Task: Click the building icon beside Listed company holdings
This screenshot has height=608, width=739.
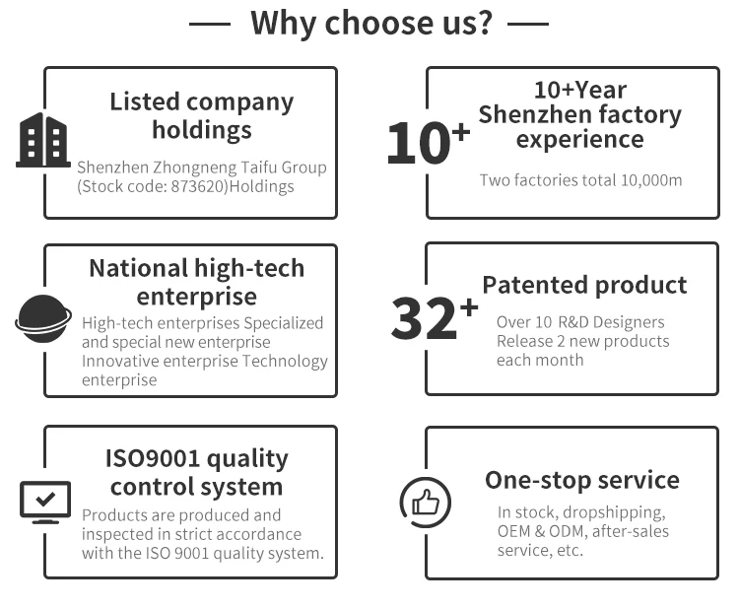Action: [x=43, y=140]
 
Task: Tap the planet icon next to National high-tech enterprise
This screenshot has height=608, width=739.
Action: [x=43, y=318]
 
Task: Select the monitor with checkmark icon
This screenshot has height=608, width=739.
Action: [x=45, y=501]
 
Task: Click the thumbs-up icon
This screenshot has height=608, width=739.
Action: [x=426, y=503]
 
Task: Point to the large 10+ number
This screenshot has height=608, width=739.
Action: [x=427, y=143]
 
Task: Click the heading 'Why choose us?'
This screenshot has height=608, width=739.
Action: [x=370, y=22]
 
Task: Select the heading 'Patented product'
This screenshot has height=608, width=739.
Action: [x=584, y=285]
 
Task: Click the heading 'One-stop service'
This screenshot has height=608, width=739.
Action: [x=582, y=480]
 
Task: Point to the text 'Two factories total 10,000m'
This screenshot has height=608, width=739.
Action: [x=580, y=179]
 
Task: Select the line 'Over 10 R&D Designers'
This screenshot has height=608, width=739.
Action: [x=580, y=322]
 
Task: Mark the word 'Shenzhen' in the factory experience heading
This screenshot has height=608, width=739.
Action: [x=524, y=114]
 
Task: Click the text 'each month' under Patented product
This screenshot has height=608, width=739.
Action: [x=540, y=360]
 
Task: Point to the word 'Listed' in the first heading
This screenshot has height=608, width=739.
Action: [x=144, y=101]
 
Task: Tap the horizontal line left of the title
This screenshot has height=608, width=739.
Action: [x=209, y=23]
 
